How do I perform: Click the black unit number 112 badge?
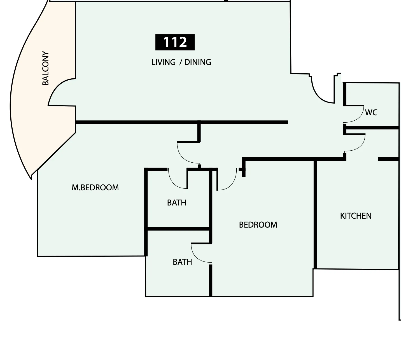(x=175, y=42)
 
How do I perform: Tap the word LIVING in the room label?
(x=164, y=62)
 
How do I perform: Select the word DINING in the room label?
(x=198, y=62)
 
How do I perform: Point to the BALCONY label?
(x=46, y=68)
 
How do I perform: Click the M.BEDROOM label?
(x=95, y=188)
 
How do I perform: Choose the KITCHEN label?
(x=356, y=216)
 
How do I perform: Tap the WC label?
(x=371, y=113)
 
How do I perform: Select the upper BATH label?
(x=176, y=203)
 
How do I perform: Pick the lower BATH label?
(x=182, y=262)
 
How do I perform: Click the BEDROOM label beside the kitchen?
(x=258, y=225)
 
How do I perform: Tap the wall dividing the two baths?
(x=178, y=229)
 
